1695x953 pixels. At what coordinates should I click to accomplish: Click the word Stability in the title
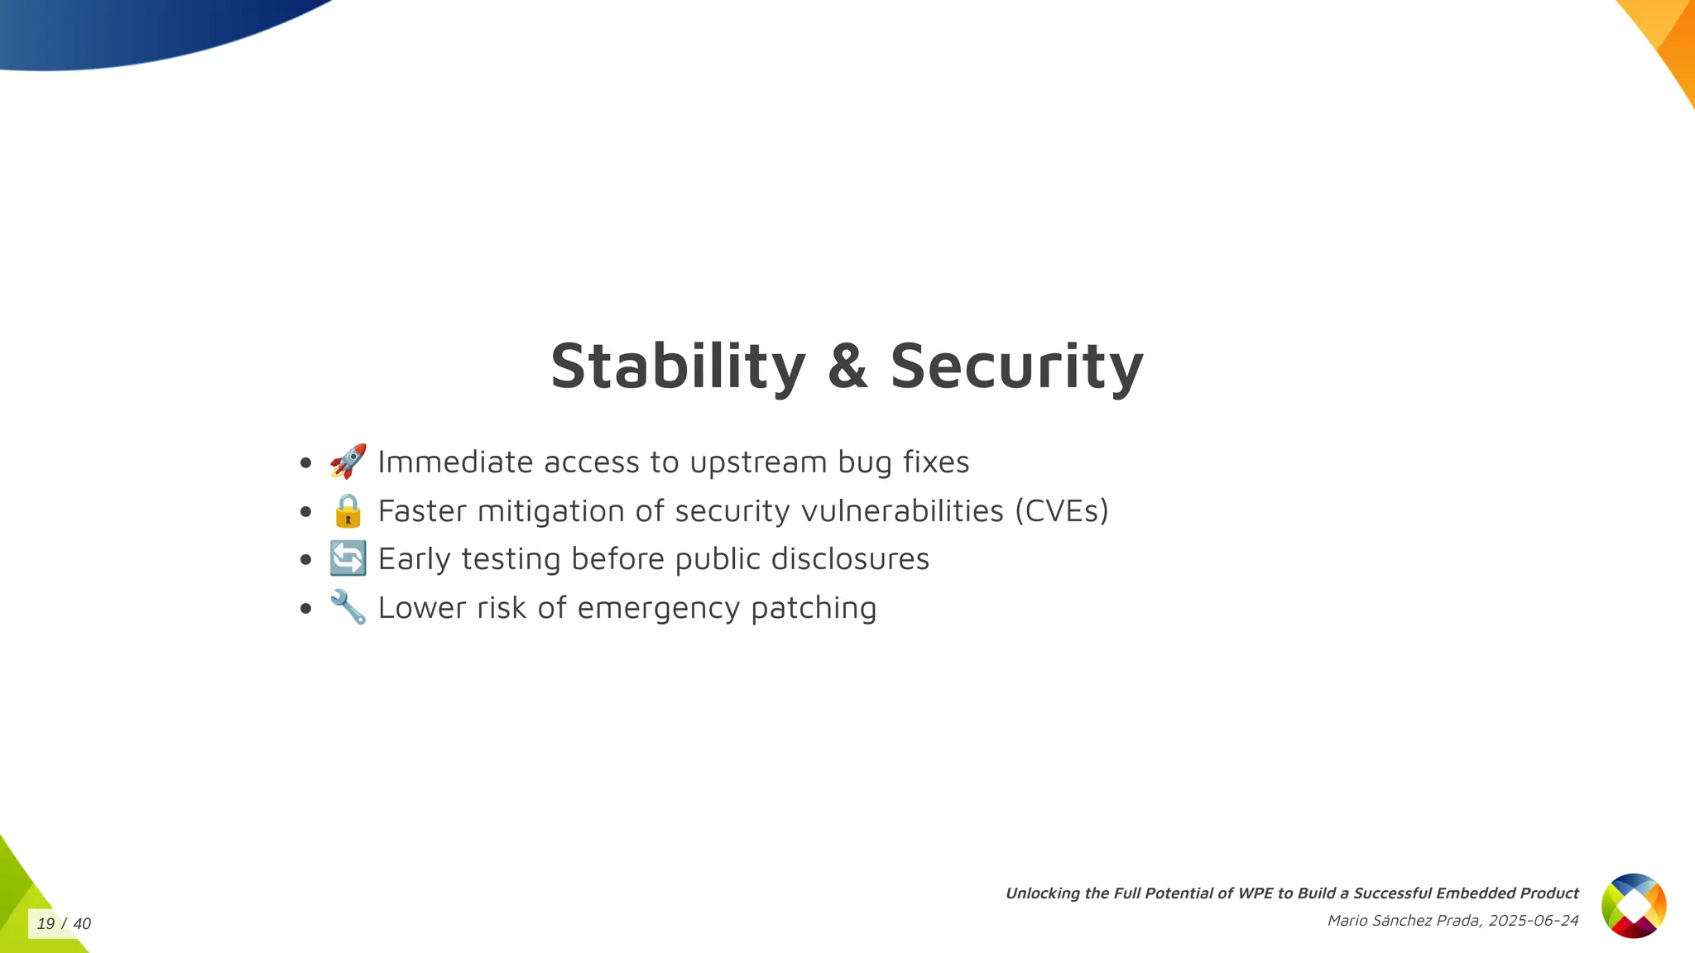[678, 366]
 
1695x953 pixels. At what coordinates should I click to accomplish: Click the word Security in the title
[1016, 366]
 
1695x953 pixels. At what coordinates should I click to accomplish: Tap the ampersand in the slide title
[847, 366]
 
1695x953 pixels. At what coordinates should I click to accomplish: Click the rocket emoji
[348, 462]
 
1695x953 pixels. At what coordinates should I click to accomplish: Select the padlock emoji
[348, 510]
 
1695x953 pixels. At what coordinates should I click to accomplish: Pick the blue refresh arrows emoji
[348, 558]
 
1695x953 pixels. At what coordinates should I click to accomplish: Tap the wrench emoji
[348, 607]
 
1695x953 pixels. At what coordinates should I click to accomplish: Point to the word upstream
[758, 462]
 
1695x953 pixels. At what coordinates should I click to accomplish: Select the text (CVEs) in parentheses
[1062, 511]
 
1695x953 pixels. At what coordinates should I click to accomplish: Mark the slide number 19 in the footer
[46, 924]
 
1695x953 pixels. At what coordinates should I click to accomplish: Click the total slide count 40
[82, 924]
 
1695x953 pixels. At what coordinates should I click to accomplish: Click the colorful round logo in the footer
[1633, 906]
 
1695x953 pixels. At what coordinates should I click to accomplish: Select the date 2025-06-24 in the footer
[1533, 921]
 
